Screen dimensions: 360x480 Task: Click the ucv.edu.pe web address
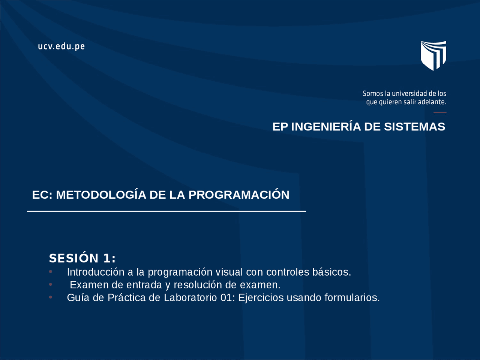pos(61,47)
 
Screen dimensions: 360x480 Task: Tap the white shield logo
pos(433,55)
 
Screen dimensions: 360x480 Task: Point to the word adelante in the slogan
pos(432,102)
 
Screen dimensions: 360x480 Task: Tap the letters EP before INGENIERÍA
pos(280,127)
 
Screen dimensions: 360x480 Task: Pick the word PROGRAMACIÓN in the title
pos(239,195)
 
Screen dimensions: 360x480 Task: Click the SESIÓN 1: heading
pos(82,258)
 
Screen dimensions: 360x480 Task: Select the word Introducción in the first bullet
pos(96,272)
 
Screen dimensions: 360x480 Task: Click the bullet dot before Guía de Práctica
pos(51,297)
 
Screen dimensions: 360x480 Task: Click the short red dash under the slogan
pos(440,112)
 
